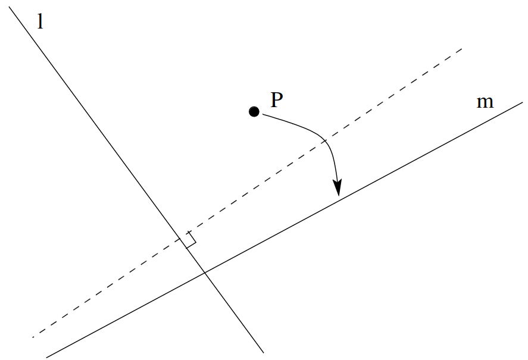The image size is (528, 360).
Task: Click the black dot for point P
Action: tap(254, 111)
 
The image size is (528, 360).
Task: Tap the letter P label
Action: tap(277, 100)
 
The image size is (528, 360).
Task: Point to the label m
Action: tap(485, 102)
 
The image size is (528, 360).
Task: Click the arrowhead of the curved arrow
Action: tap(338, 188)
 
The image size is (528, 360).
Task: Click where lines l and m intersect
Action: tap(204, 272)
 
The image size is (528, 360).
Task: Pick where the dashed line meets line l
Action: tap(181, 239)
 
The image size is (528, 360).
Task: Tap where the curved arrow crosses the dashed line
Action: tap(325, 141)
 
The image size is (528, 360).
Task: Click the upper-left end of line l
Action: tap(9, 7)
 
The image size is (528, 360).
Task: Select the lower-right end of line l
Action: tap(263, 353)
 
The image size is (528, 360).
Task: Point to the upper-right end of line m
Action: tap(523, 102)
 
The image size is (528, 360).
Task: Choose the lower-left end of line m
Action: tap(46, 358)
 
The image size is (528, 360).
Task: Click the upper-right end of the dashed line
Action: tap(462, 49)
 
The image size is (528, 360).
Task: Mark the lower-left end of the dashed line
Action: tap(33, 337)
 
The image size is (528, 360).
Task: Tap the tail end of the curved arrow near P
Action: tap(263, 114)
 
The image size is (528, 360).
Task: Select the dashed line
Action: tap(247, 193)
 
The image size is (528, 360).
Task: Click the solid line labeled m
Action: tap(285, 230)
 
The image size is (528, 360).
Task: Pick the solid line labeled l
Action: tap(136, 180)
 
